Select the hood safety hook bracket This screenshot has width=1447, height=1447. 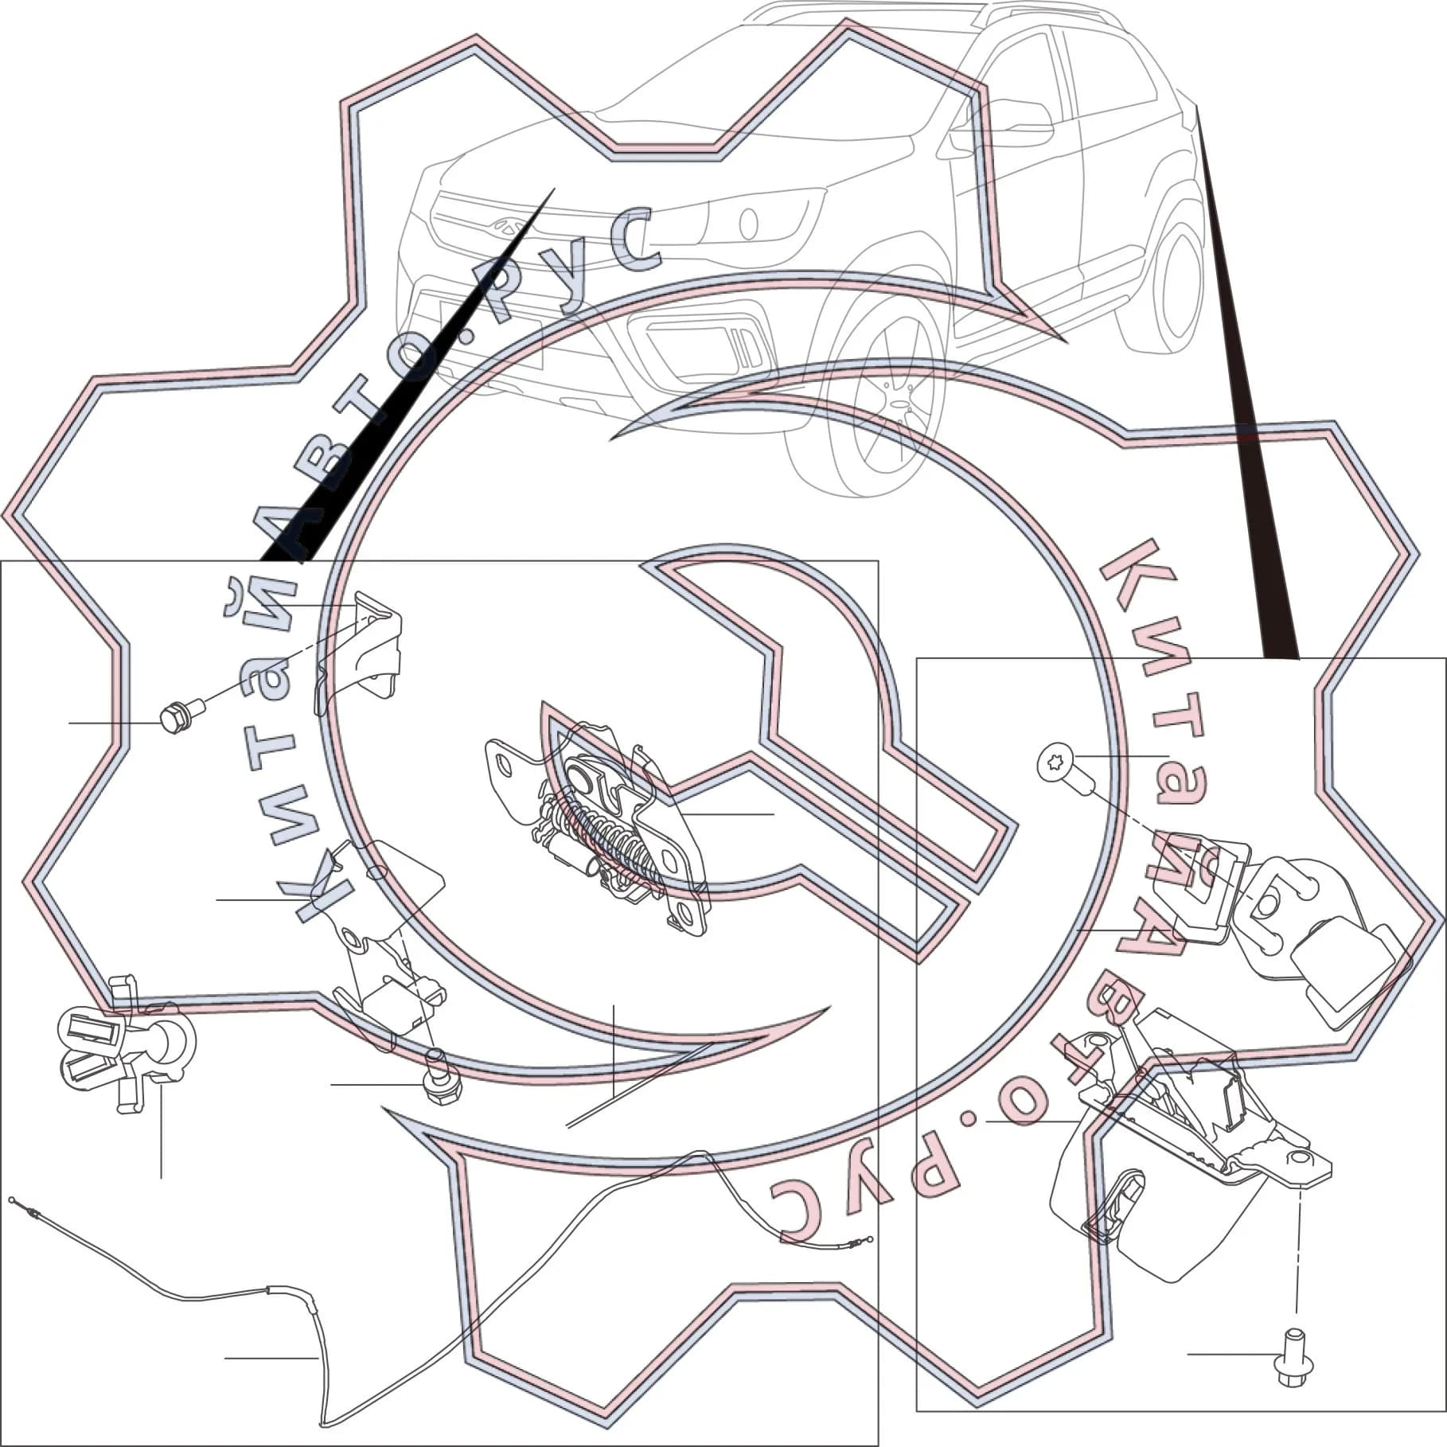[358, 653]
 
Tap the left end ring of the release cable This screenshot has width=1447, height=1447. [12, 1199]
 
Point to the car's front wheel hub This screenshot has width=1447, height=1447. [899, 405]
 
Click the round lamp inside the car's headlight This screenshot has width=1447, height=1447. [749, 223]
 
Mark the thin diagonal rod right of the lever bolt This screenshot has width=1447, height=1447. [637, 1086]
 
